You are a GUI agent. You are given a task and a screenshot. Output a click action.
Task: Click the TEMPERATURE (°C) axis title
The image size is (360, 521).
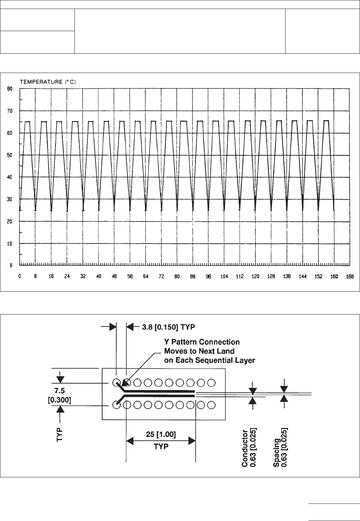49,82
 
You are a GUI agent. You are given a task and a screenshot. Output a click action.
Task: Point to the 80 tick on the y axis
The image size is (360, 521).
11,88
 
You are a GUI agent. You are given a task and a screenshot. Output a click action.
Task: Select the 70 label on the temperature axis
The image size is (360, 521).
11,111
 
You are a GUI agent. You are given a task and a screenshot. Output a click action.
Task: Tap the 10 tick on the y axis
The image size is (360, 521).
11,244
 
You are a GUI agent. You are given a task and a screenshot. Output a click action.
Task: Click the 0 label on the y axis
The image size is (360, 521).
11,266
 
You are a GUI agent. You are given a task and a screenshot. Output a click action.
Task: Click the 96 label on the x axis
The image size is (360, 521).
208,277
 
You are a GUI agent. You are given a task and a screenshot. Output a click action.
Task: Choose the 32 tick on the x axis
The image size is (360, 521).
83,277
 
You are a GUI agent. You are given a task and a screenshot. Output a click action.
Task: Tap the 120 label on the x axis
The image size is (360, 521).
255,277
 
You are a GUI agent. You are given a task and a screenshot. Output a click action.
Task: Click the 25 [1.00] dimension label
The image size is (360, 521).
161,434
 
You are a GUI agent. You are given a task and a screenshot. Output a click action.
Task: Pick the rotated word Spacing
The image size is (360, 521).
277,453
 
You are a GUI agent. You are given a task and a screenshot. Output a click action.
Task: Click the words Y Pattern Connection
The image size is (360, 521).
202,342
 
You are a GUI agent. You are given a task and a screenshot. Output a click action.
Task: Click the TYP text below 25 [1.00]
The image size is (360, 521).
161,447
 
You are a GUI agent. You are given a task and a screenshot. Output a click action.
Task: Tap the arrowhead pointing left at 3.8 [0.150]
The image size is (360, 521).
130,326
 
